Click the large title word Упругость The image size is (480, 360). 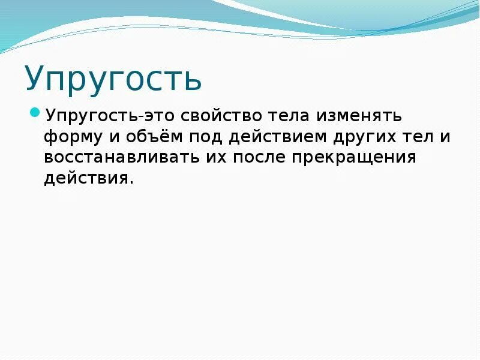[x=113, y=79]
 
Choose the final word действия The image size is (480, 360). [x=85, y=178]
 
